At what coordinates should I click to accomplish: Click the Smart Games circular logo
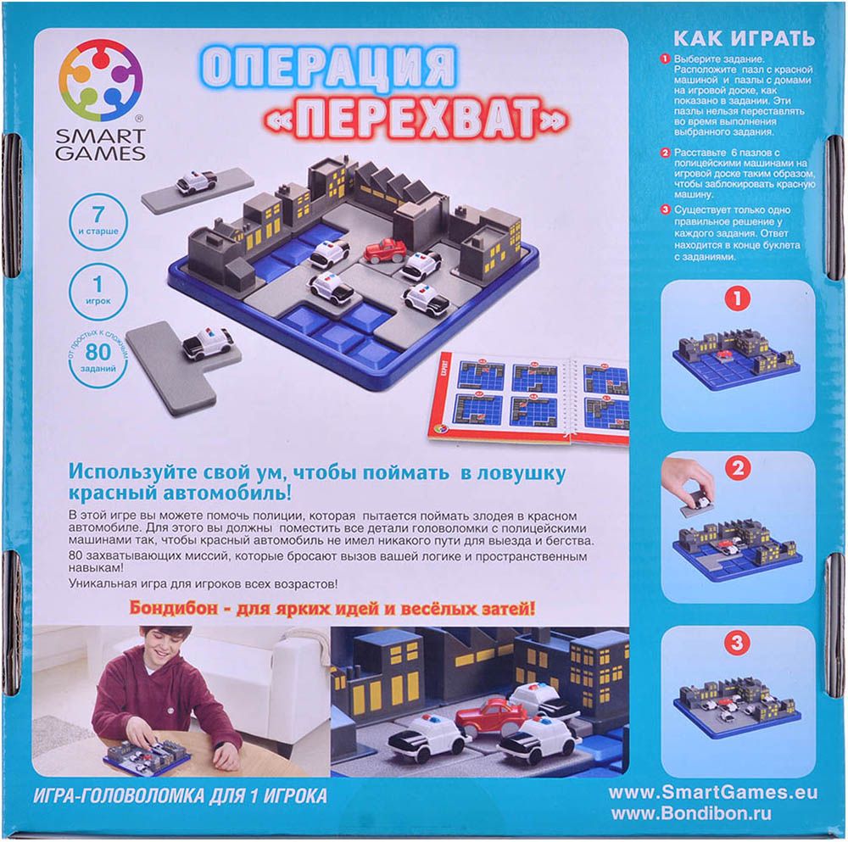101,83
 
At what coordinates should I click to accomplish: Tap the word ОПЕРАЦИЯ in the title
328,68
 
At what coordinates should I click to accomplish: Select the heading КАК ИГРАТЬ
744,38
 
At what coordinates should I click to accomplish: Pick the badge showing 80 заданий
98,357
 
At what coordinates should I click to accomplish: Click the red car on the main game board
384,250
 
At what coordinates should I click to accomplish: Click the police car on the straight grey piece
197,181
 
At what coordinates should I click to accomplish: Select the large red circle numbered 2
739,468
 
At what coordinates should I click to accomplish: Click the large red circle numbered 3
737,643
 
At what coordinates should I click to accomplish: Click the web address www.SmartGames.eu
713,794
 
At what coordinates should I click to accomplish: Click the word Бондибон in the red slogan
172,608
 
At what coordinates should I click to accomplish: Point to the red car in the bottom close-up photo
490,716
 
